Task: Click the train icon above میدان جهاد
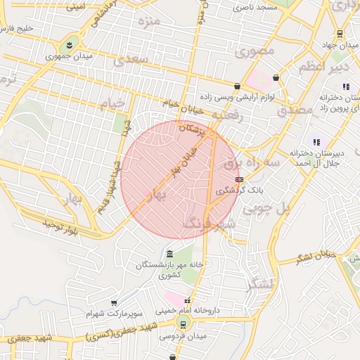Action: point(340,33)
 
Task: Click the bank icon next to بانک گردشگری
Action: point(239,180)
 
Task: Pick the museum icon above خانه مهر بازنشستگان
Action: point(169,253)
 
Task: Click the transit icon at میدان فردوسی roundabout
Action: point(183,324)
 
